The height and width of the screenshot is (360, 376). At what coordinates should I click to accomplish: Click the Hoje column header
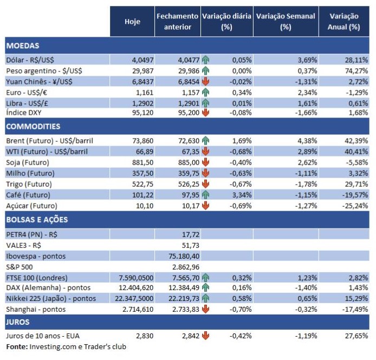132,22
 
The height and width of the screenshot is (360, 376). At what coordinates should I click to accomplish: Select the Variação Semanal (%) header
286,22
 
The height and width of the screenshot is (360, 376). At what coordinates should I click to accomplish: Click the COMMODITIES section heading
33,126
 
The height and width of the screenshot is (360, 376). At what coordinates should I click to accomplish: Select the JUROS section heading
18,322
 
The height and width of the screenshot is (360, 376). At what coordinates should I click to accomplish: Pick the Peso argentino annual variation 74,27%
357,70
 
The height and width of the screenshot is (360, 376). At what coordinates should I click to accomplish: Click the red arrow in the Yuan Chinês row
205,81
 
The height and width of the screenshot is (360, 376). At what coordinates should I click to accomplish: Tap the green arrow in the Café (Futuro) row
205,195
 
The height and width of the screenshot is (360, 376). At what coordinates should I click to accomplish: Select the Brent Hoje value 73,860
140,140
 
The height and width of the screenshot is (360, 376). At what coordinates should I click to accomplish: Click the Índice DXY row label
24,113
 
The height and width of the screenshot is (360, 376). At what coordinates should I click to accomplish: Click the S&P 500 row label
19,266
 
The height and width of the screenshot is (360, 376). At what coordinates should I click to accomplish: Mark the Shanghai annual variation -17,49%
356,309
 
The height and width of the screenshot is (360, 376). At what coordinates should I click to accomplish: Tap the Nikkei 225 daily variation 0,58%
242,298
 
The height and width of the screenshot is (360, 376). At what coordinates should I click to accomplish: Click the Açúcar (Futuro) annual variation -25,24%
356,206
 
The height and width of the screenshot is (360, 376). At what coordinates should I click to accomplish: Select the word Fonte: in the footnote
17,346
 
